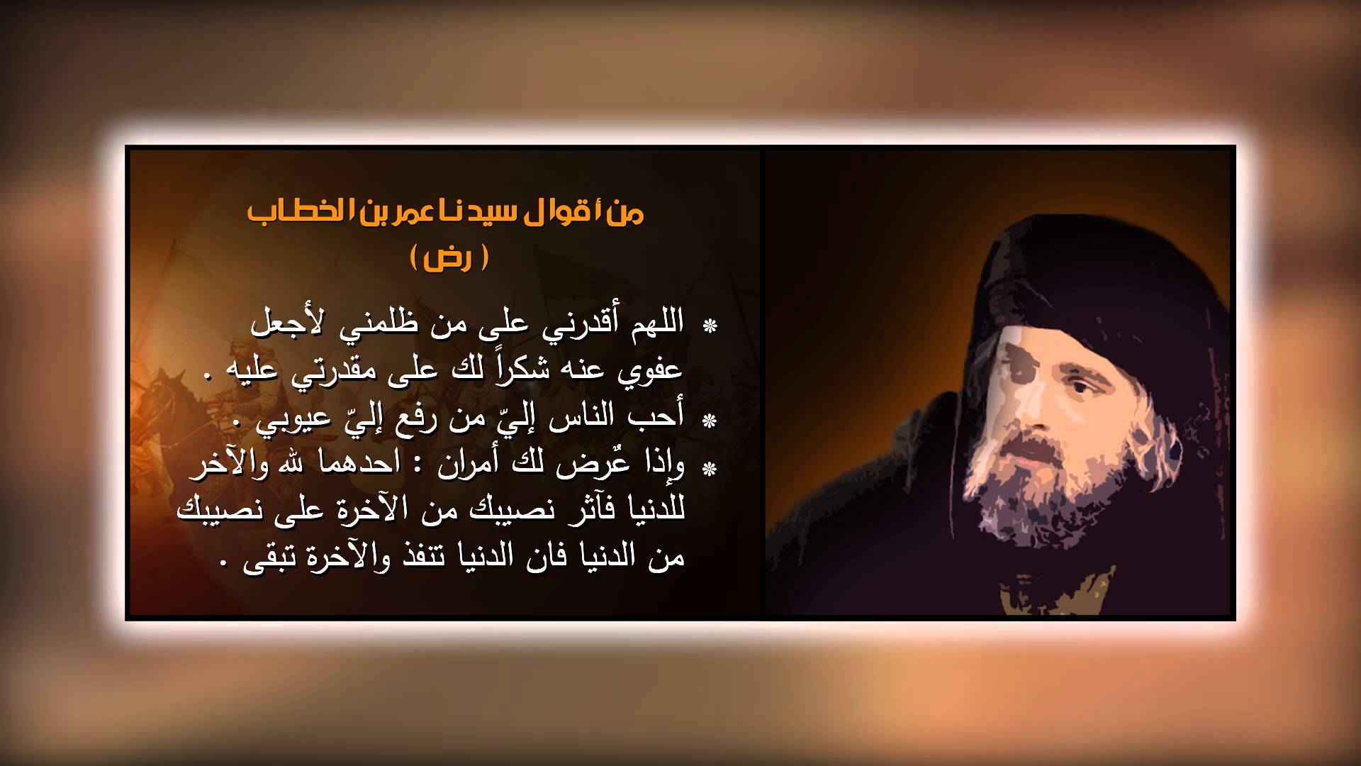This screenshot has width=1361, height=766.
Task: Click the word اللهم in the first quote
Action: (x=649, y=322)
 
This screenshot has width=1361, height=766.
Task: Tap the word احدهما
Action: (x=344, y=465)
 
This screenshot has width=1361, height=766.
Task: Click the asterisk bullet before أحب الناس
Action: (x=709, y=421)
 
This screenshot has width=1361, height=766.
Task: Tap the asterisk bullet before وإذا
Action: (x=709, y=469)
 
